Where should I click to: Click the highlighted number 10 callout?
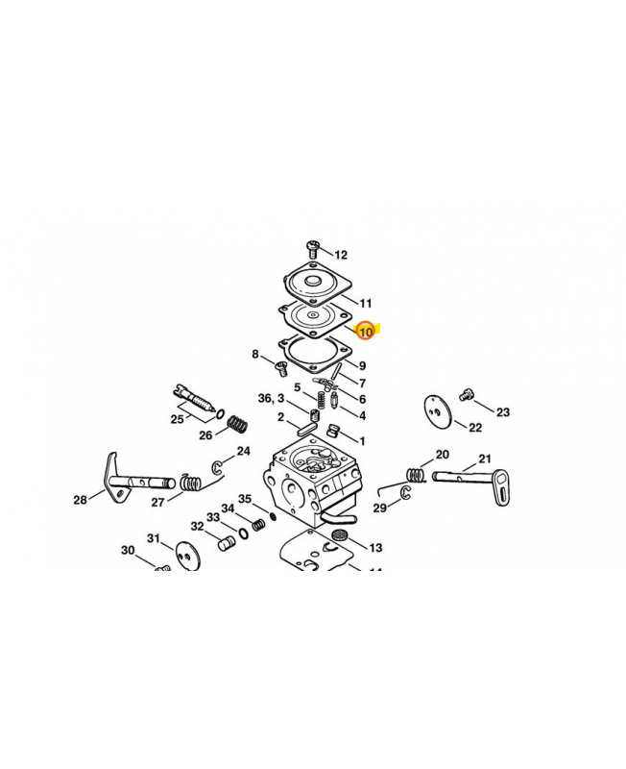pos(366,332)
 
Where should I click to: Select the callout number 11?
pos(365,303)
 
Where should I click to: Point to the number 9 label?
pos(362,365)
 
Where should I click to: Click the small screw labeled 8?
pos(281,367)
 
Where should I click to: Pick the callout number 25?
pos(177,419)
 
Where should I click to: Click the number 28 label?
pos(81,499)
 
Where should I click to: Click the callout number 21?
pos(484,459)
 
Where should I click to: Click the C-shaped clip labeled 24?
pos(219,468)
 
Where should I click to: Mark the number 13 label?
pos(374,547)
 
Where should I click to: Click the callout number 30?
pos(128,551)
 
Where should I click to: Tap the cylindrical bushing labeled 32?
pos(227,544)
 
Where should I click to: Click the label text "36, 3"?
pos(271,398)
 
